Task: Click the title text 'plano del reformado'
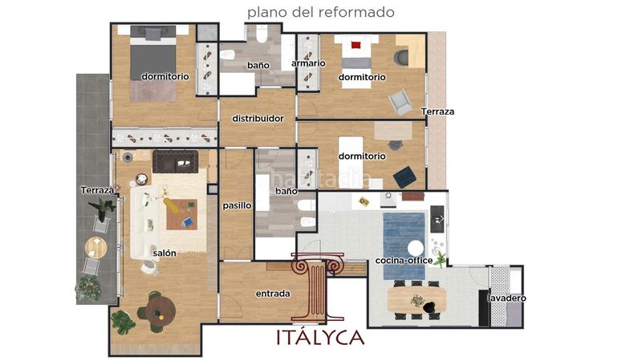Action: click(320, 12)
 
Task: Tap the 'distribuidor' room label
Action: click(258, 119)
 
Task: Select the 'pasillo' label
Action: click(237, 206)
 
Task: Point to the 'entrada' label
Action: click(273, 294)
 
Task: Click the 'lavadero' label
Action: click(507, 298)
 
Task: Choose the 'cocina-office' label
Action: click(404, 260)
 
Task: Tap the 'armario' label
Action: click(308, 63)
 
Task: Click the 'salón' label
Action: click(165, 254)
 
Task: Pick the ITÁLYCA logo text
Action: click(320, 337)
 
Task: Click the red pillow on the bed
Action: click(356, 44)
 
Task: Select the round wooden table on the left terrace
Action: click(95, 248)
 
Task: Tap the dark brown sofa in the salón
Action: click(175, 162)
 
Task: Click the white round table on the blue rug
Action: click(416, 249)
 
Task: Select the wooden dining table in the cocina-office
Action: click(416, 299)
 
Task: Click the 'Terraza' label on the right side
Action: click(437, 112)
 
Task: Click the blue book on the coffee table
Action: click(187, 222)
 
